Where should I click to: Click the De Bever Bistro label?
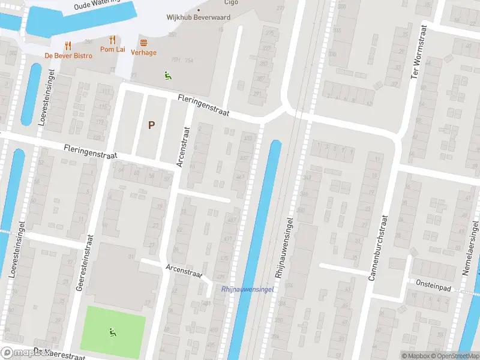[68, 56]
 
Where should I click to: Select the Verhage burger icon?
[143, 42]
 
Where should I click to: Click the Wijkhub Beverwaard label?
[198, 17]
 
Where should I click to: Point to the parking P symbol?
[152, 125]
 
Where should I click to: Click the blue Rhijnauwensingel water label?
[247, 289]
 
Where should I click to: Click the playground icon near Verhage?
[167, 75]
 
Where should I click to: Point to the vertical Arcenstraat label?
[182, 147]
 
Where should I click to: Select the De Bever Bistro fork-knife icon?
[68, 45]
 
